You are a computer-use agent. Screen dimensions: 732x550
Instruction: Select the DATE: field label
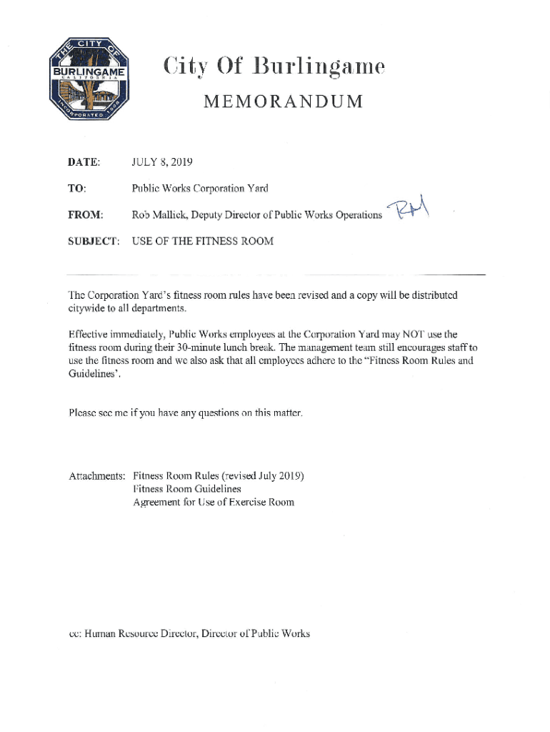[84, 164]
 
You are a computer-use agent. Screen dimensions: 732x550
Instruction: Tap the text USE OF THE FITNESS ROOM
[203, 241]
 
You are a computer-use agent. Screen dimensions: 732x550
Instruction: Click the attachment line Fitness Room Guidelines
[187, 489]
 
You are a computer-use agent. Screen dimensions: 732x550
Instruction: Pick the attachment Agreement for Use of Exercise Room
[214, 502]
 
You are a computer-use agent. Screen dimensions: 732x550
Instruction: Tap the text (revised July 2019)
[264, 475]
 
